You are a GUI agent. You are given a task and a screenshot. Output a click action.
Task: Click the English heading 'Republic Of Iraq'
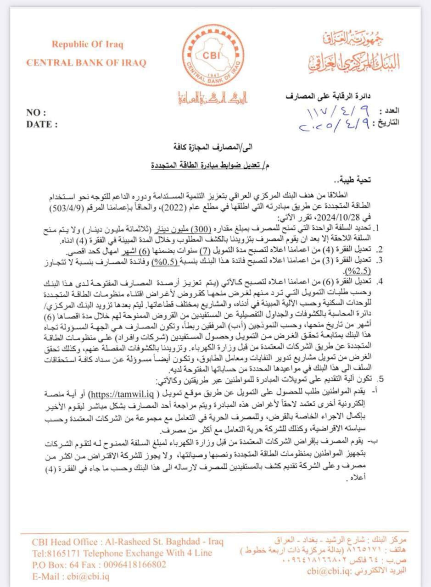tap(87, 44)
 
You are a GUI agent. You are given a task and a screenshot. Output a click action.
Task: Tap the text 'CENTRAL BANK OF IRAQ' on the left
tap(86, 62)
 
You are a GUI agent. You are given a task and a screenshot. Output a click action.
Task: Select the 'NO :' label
tap(36, 113)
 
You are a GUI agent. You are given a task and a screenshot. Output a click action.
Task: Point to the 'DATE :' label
tap(42, 124)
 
